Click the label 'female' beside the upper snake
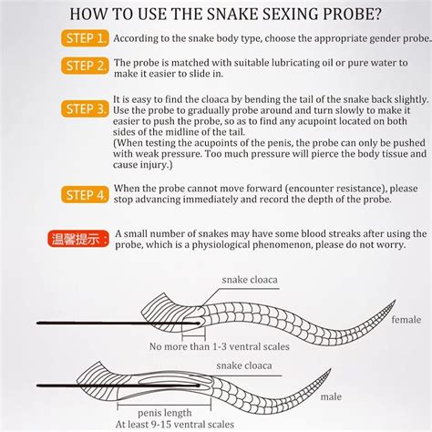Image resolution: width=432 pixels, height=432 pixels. pyautogui.click(x=406, y=320)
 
